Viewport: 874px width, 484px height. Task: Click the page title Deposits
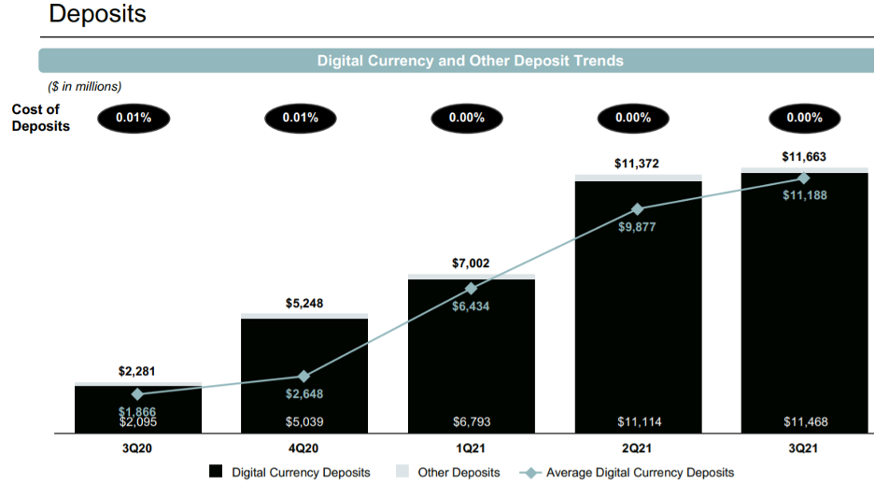click(x=97, y=15)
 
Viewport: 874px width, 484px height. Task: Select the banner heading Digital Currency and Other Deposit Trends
click(x=470, y=61)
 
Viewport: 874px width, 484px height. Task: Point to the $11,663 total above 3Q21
click(x=804, y=157)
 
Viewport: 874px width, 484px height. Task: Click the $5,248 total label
click(x=304, y=304)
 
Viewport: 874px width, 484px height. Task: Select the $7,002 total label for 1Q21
click(x=471, y=264)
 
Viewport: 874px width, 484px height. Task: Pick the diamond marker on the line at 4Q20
click(x=303, y=377)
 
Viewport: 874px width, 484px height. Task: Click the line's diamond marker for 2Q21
click(x=638, y=209)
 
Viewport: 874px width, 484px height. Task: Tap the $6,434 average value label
click(x=471, y=306)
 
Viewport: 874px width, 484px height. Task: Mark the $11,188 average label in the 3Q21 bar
click(x=805, y=195)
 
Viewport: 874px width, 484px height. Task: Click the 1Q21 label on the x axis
click(x=471, y=448)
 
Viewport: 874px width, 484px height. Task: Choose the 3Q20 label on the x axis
click(x=137, y=448)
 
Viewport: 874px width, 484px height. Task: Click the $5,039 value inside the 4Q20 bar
click(x=304, y=422)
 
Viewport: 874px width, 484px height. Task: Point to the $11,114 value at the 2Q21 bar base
click(x=638, y=422)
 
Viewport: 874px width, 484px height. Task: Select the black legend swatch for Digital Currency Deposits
click(x=215, y=472)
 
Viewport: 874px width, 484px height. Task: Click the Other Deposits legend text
click(x=458, y=473)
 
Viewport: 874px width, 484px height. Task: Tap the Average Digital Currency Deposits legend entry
click(x=640, y=473)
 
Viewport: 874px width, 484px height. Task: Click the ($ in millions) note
click(x=85, y=87)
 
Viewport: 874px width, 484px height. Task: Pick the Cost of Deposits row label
click(x=41, y=118)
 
